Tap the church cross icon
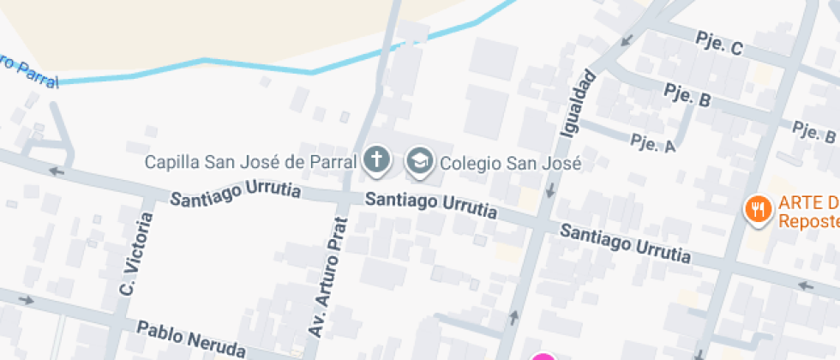pos(375,159)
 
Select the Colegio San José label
pos(510,163)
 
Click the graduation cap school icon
pos(419,160)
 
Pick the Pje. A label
pos(653,142)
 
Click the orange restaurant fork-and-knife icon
pos(757,207)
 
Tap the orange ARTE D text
pos(807,204)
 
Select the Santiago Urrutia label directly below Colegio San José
pos(430,205)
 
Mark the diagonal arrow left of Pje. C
pos(627,39)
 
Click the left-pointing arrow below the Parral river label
pos(57,171)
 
